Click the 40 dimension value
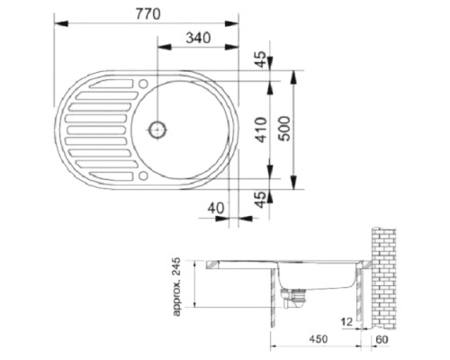coord(214,208)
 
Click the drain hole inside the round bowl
coord(160,128)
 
